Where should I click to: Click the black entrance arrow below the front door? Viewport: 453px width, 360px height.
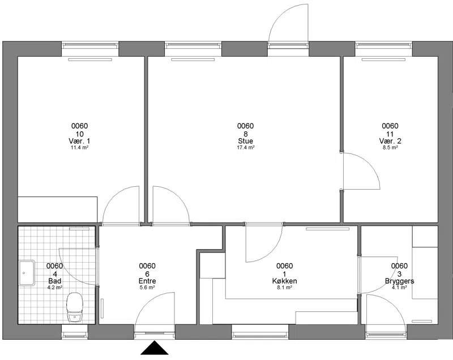pos(155,348)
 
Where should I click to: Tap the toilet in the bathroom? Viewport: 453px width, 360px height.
pos(75,307)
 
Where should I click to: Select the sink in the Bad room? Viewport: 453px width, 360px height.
pos(27,273)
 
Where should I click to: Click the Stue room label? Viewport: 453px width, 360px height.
pos(246,141)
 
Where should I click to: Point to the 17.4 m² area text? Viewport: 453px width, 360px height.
pos(246,148)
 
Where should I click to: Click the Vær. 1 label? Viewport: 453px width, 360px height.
pos(79,141)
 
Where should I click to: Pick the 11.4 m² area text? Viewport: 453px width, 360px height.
pos(79,148)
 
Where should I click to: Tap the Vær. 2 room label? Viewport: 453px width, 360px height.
pos(390,141)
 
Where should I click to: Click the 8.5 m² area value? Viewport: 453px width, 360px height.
pos(390,148)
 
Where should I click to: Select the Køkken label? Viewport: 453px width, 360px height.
pos(285,281)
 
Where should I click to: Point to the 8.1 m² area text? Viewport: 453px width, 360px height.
pos(285,288)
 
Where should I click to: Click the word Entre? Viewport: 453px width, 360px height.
pos(147,281)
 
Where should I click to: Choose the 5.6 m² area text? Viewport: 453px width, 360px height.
pos(147,288)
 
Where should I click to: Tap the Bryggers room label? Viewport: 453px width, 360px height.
pos(400,281)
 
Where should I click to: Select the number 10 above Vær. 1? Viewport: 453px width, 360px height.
pos(79,134)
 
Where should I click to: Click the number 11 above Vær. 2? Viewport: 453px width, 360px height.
pos(390,134)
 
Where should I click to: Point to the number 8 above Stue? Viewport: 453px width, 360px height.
pos(246,134)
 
